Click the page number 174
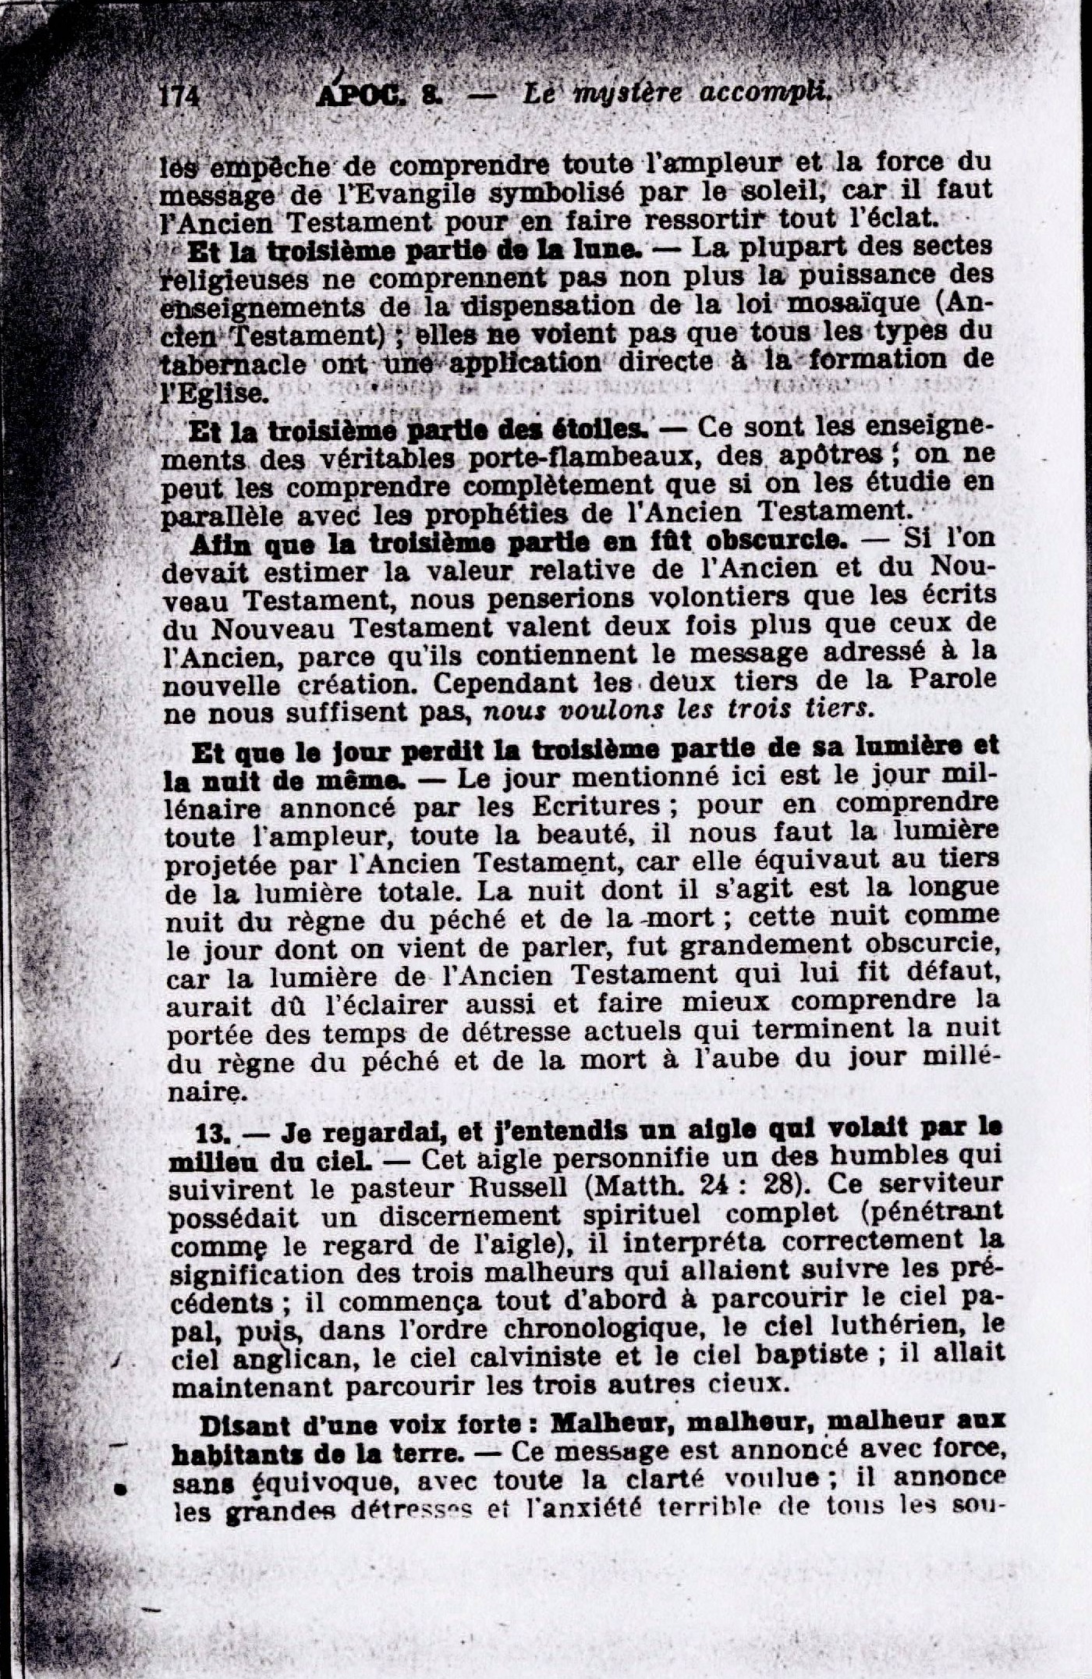[180, 97]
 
